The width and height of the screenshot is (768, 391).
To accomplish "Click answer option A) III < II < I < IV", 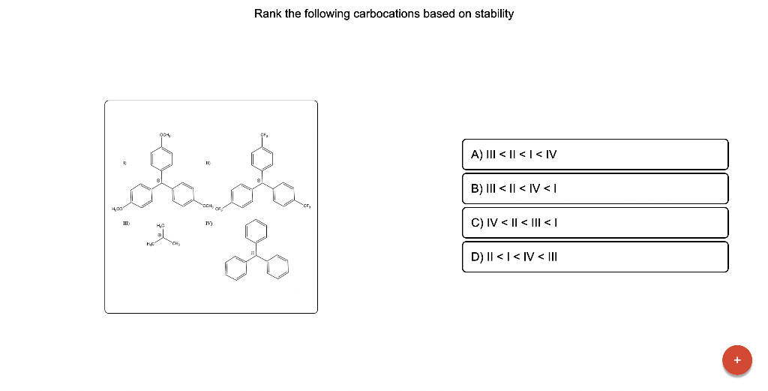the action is (x=595, y=155).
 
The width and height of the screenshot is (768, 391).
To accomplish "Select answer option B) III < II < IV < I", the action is (x=595, y=189).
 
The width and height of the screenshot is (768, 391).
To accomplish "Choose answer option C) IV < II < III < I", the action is (x=595, y=223).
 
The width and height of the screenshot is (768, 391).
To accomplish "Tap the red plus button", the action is (x=736, y=359).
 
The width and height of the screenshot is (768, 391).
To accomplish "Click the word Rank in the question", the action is (x=267, y=14).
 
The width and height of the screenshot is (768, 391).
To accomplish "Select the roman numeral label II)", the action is (x=209, y=161).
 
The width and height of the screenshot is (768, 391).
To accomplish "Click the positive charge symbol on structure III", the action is (x=160, y=233).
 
